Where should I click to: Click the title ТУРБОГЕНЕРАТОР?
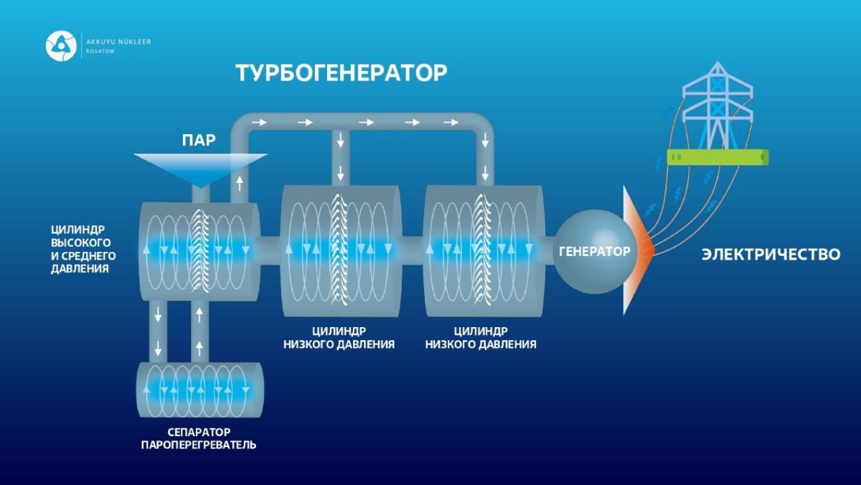(x=342, y=72)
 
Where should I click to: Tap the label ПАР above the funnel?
(x=199, y=141)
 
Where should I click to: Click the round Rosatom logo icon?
(x=61, y=46)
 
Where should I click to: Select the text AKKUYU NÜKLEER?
(x=118, y=42)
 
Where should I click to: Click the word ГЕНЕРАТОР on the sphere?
(x=595, y=251)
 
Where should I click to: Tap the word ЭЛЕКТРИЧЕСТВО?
(x=771, y=255)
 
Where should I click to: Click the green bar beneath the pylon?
(x=717, y=157)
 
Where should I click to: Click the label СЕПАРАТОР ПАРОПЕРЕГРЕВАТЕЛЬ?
(x=199, y=438)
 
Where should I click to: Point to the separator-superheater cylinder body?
(x=200, y=390)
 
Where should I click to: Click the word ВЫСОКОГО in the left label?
(x=80, y=243)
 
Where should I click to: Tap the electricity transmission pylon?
(x=717, y=105)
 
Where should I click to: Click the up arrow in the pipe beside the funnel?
(x=240, y=184)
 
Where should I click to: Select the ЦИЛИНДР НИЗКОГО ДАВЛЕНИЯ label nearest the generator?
(x=481, y=337)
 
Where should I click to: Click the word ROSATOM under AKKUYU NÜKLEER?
(x=100, y=51)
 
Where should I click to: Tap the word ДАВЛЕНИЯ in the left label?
(x=80, y=268)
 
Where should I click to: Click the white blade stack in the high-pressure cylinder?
(x=200, y=250)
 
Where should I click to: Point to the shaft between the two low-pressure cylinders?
(x=413, y=250)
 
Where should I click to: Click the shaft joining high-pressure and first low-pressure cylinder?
(x=270, y=250)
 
